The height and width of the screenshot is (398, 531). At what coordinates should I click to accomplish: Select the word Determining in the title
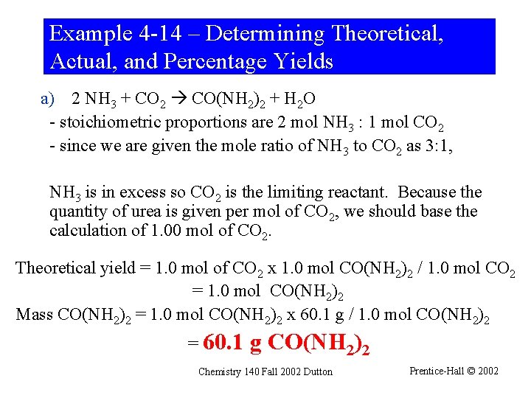[x=266, y=35]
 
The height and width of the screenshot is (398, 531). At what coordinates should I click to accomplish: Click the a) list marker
[x=48, y=99]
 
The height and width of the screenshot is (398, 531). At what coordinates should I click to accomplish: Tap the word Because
[x=428, y=193]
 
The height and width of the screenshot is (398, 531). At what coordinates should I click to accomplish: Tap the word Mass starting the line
[x=34, y=315]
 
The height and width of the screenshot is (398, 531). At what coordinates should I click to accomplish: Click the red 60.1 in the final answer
[x=223, y=343]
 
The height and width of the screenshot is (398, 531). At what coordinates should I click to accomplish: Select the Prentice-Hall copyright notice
[x=454, y=371]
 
